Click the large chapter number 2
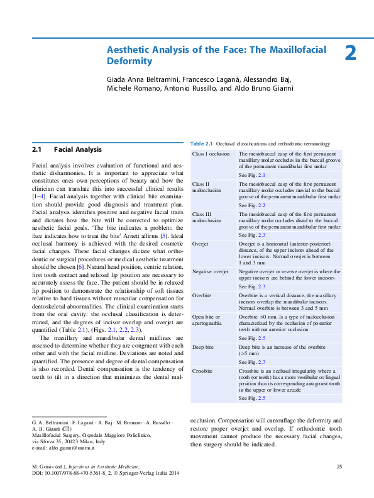point(350,54)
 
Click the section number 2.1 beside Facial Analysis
point(36,150)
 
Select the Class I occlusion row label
point(211,154)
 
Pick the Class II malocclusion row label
point(206,187)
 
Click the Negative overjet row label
point(209,271)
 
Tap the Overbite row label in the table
point(202,294)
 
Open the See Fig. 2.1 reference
point(252,174)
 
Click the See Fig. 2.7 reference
point(252,363)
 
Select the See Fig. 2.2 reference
point(252,205)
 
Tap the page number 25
point(339,467)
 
